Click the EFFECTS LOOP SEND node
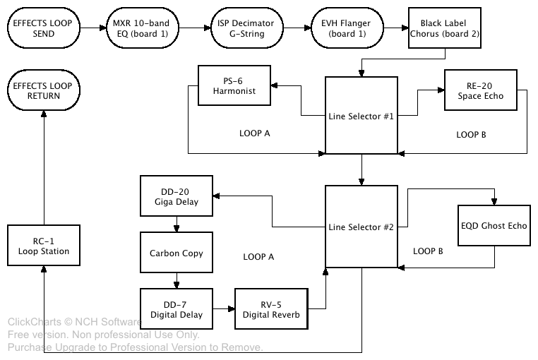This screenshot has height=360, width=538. click(43, 29)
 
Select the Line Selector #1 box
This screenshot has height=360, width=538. click(361, 115)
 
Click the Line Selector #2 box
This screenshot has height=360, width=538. click(361, 227)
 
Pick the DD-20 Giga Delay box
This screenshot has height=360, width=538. click(176, 196)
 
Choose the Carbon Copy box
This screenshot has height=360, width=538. click(176, 253)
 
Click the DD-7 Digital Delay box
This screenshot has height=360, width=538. click(176, 309)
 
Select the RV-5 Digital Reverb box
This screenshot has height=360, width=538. click(272, 309)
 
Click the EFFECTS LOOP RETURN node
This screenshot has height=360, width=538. click(43, 90)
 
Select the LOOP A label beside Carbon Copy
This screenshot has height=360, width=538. click(258, 257)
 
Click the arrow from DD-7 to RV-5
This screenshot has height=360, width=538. click(223, 309)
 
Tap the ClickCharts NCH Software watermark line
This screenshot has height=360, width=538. click(74, 322)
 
